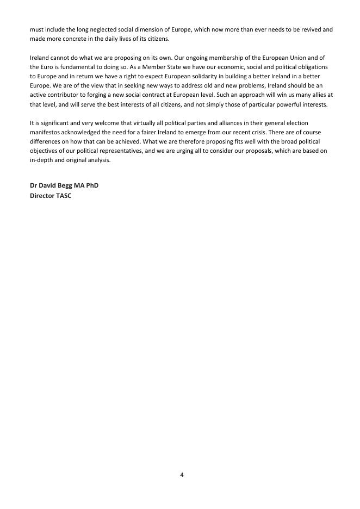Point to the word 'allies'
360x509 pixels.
[x=316, y=95]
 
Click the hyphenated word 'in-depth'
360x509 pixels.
[x=41, y=160]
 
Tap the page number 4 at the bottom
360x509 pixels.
[x=182, y=475]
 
